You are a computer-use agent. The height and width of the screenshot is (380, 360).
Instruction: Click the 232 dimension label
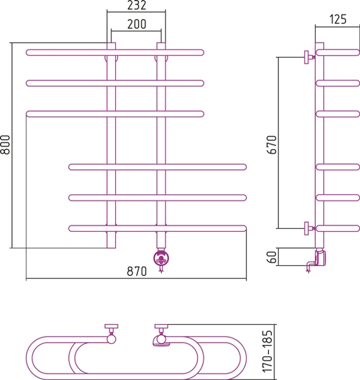pyautogui.click(x=137, y=5)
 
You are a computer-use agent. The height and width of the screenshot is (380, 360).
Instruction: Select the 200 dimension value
pyautogui.click(x=137, y=24)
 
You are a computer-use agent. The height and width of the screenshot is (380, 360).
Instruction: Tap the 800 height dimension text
pyautogui.click(x=5, y=144)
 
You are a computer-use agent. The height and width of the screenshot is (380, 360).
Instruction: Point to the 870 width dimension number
pyautogui.click(x=137, y=271)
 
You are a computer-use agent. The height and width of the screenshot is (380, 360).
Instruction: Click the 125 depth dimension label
pyautogui.click(x=338, y=19)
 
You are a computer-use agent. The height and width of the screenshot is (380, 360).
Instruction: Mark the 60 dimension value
pyautogui.click(x=271, y=257)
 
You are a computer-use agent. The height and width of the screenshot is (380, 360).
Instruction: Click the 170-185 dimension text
pyautogui.click(x=268, y=351)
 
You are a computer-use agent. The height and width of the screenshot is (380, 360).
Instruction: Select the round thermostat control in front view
pyautogui.click(x=161, y=258)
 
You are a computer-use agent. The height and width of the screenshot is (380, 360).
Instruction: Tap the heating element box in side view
pyautogui.click(x=321, y=258)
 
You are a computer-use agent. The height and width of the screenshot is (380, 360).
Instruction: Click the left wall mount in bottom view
pyautogui.click(x=111, y=333)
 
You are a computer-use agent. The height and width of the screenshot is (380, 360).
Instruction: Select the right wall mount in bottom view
pyautogui.click(x=161, y=333)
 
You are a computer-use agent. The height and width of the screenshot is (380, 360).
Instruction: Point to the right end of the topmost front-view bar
pyautogui.click(x=203, y=53)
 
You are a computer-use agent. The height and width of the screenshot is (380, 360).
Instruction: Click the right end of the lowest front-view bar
pyautogui.click(x=245, y=229)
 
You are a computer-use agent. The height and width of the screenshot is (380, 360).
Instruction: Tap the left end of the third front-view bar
pyautogui.click(x=27, y=114)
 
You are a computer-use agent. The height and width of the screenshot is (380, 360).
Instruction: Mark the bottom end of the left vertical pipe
pyautogui.click(x=111, y=248)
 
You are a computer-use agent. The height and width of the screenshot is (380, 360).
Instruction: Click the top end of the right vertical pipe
pyautogui.click(x=161, y=43)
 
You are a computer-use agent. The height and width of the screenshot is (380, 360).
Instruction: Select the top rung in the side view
pyautogui.click(x=338, y=53)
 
